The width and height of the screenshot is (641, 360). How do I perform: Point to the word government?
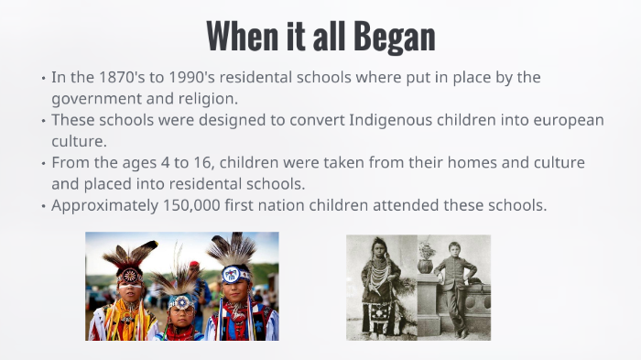(96, 98)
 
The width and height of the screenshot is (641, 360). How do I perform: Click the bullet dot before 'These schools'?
(43, 121)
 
